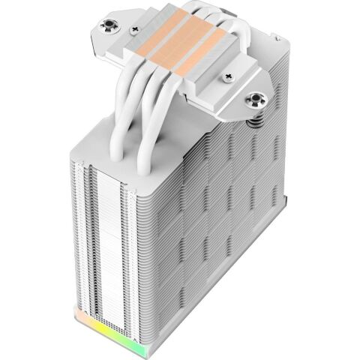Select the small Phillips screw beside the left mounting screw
coord(135,30)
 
